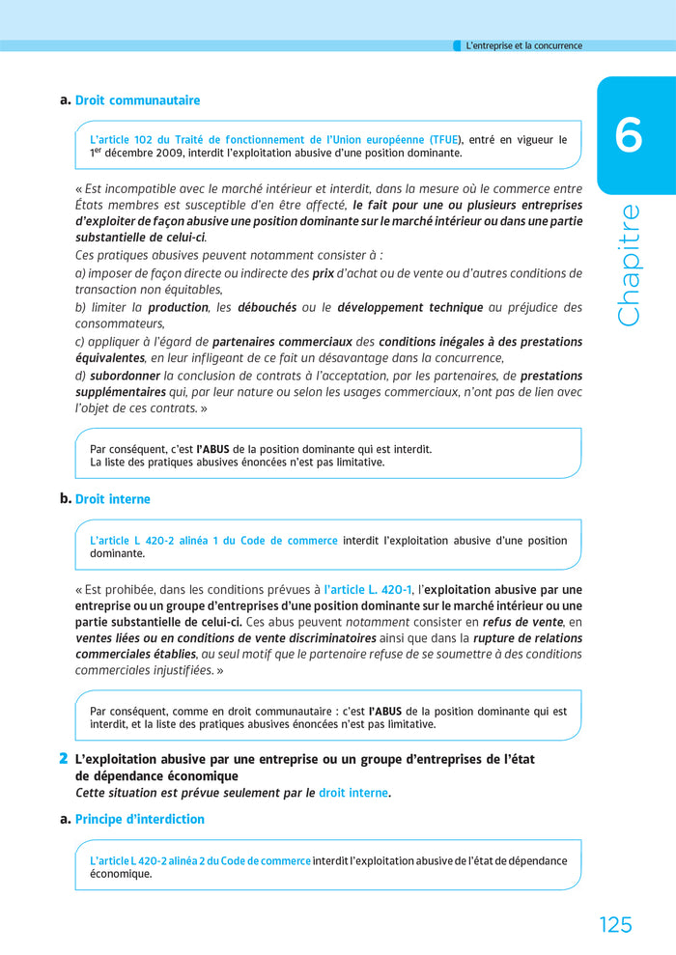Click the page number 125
pyautogui.click(x=614, y=924)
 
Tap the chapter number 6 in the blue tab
pyautogui.click(x=629, y=136)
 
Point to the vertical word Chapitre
pyautogui.click(x=629, y=264)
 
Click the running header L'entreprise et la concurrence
pyautogui.click(x=523, y=45)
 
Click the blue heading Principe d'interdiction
pyautogui.click(x=139, y=819)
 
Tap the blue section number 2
pyautogui.click(x=63, y=759)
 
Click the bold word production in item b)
pyautogui.click(x=178, y=307)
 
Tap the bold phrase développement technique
pyautogui.click(x=409, y=307)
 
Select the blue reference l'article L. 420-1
pyautogui.click(x=368, y=589)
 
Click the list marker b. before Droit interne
pyautogui.click(x=65, y=499)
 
